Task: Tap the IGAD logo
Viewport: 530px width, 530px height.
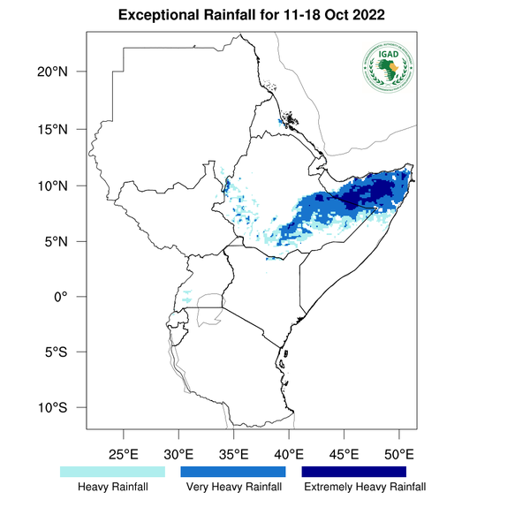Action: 387,66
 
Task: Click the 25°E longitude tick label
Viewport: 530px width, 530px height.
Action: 123,454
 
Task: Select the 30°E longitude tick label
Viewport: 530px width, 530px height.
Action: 178,454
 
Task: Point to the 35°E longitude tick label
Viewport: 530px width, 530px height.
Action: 233,454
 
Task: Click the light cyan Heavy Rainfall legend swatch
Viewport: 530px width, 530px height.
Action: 112,472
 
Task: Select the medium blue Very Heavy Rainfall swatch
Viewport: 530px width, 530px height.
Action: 233,472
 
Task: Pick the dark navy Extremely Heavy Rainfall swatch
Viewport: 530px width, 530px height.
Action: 354,472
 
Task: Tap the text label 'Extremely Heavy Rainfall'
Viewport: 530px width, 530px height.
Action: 364,487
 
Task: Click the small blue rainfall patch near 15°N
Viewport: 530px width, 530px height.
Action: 281,121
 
